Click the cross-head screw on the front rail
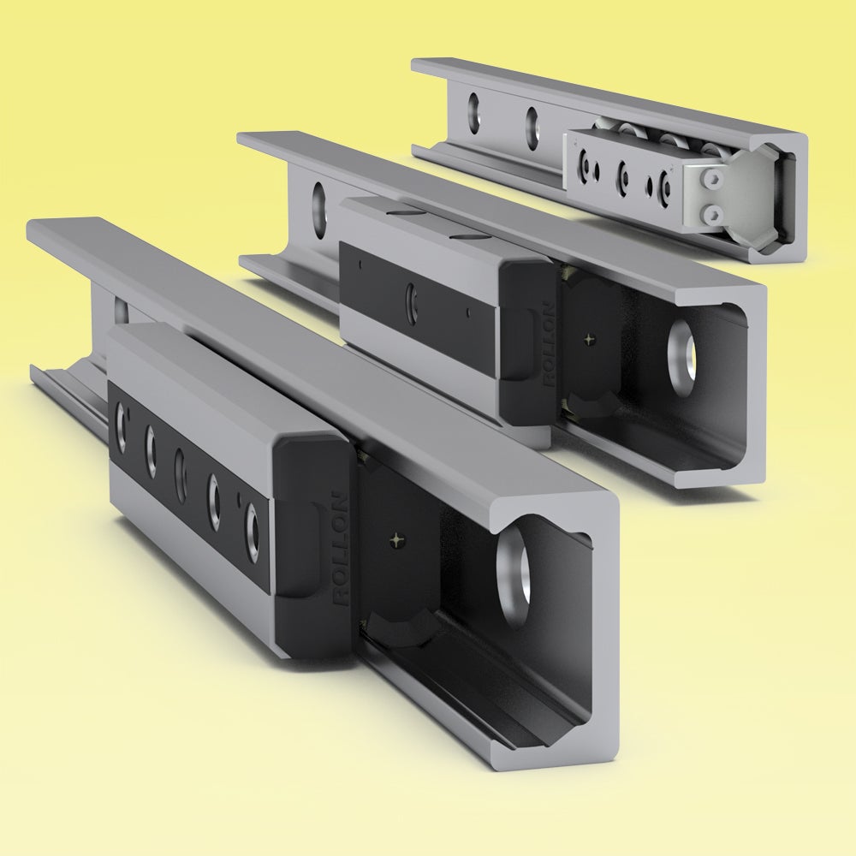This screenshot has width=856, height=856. point(397,539)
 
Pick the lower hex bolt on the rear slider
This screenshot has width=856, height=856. point(710,211)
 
